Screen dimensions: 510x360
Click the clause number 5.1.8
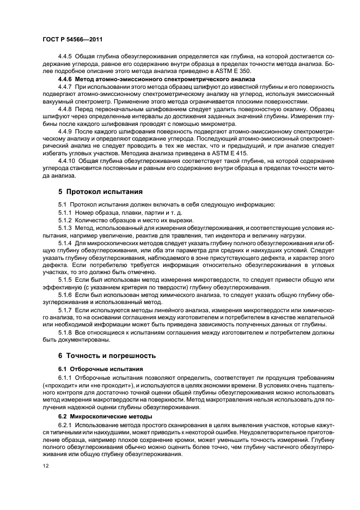pos(65,332)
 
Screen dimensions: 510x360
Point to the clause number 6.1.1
pos(65,377)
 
